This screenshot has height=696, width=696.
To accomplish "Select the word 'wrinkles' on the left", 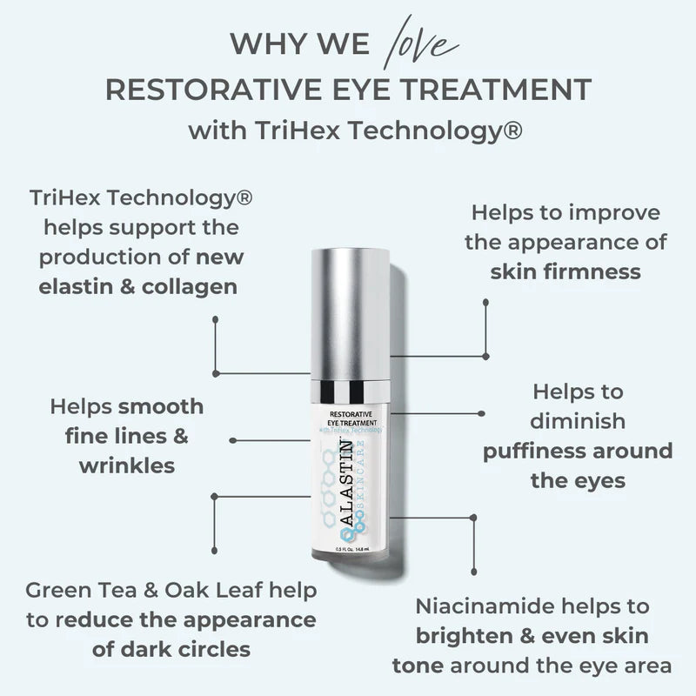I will coord(127,465).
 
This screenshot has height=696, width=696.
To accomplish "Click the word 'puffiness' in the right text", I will coord(534,451).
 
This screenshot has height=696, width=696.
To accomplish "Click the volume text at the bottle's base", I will coord(347,549).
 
